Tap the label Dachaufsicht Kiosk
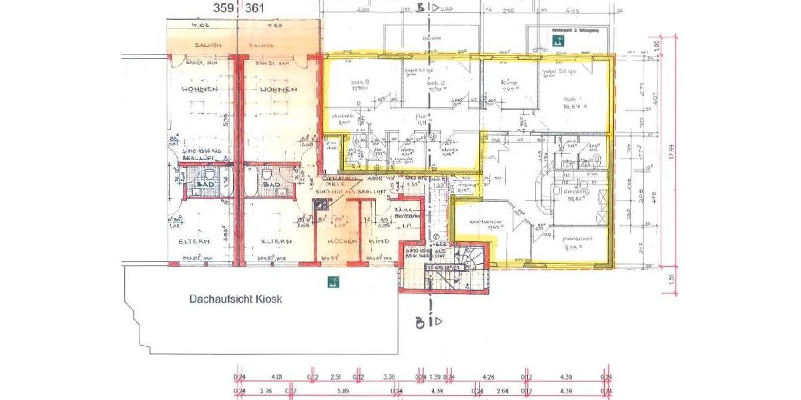[235, 299]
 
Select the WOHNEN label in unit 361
[278, 89]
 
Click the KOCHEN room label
[337, 241]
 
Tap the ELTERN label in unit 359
[194, 241]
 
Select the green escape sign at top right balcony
[558, 40]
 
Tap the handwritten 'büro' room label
[509, 83]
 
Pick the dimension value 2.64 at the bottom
[503, 391]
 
